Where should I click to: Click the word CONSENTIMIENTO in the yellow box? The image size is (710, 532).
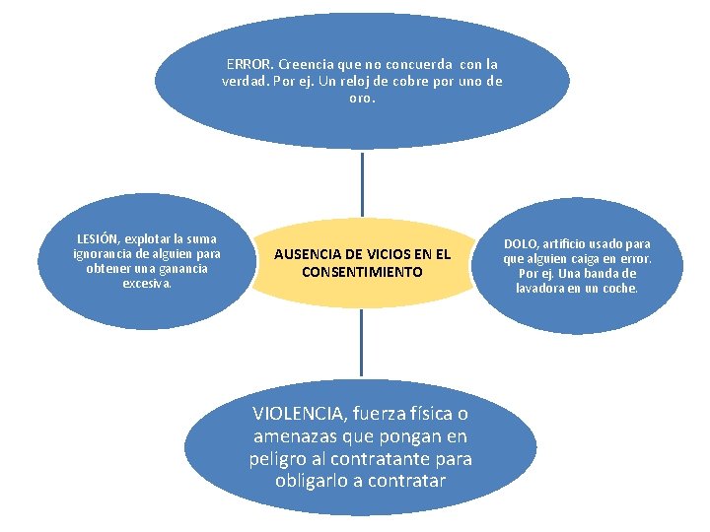click(362, 271)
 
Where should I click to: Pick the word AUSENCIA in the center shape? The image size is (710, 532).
click(305, 253)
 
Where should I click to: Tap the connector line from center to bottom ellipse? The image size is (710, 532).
click(362, 340)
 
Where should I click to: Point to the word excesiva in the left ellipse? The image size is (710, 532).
click(146, 284)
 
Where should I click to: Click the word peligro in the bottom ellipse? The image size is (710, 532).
click(277, 459)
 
